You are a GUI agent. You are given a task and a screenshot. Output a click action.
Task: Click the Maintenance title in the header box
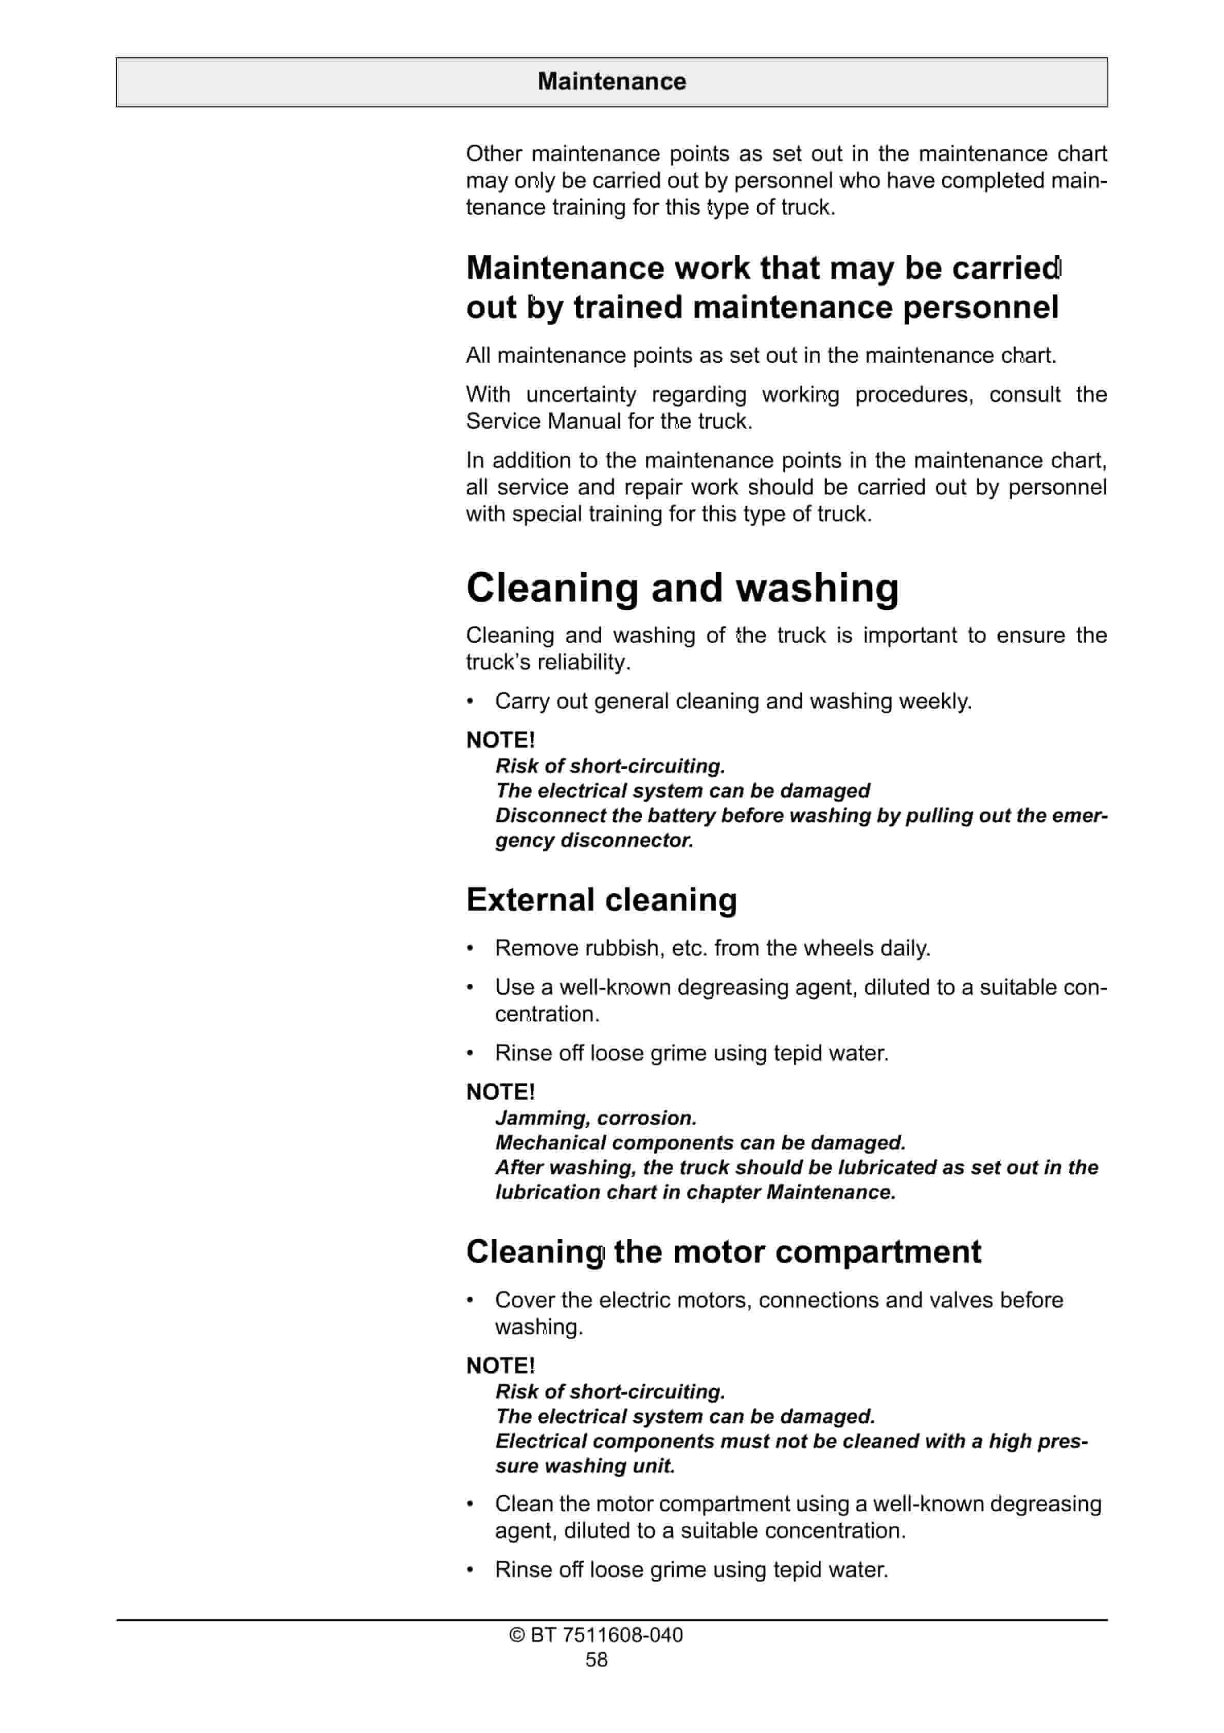click(611, 81)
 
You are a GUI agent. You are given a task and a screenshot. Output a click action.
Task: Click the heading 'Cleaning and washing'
click(682, 588)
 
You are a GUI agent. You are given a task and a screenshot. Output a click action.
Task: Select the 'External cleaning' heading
click(601, 900)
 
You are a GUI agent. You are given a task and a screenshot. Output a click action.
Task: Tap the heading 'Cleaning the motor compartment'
click(723, 1252)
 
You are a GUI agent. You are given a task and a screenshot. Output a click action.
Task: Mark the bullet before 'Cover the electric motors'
click(470, 1300)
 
